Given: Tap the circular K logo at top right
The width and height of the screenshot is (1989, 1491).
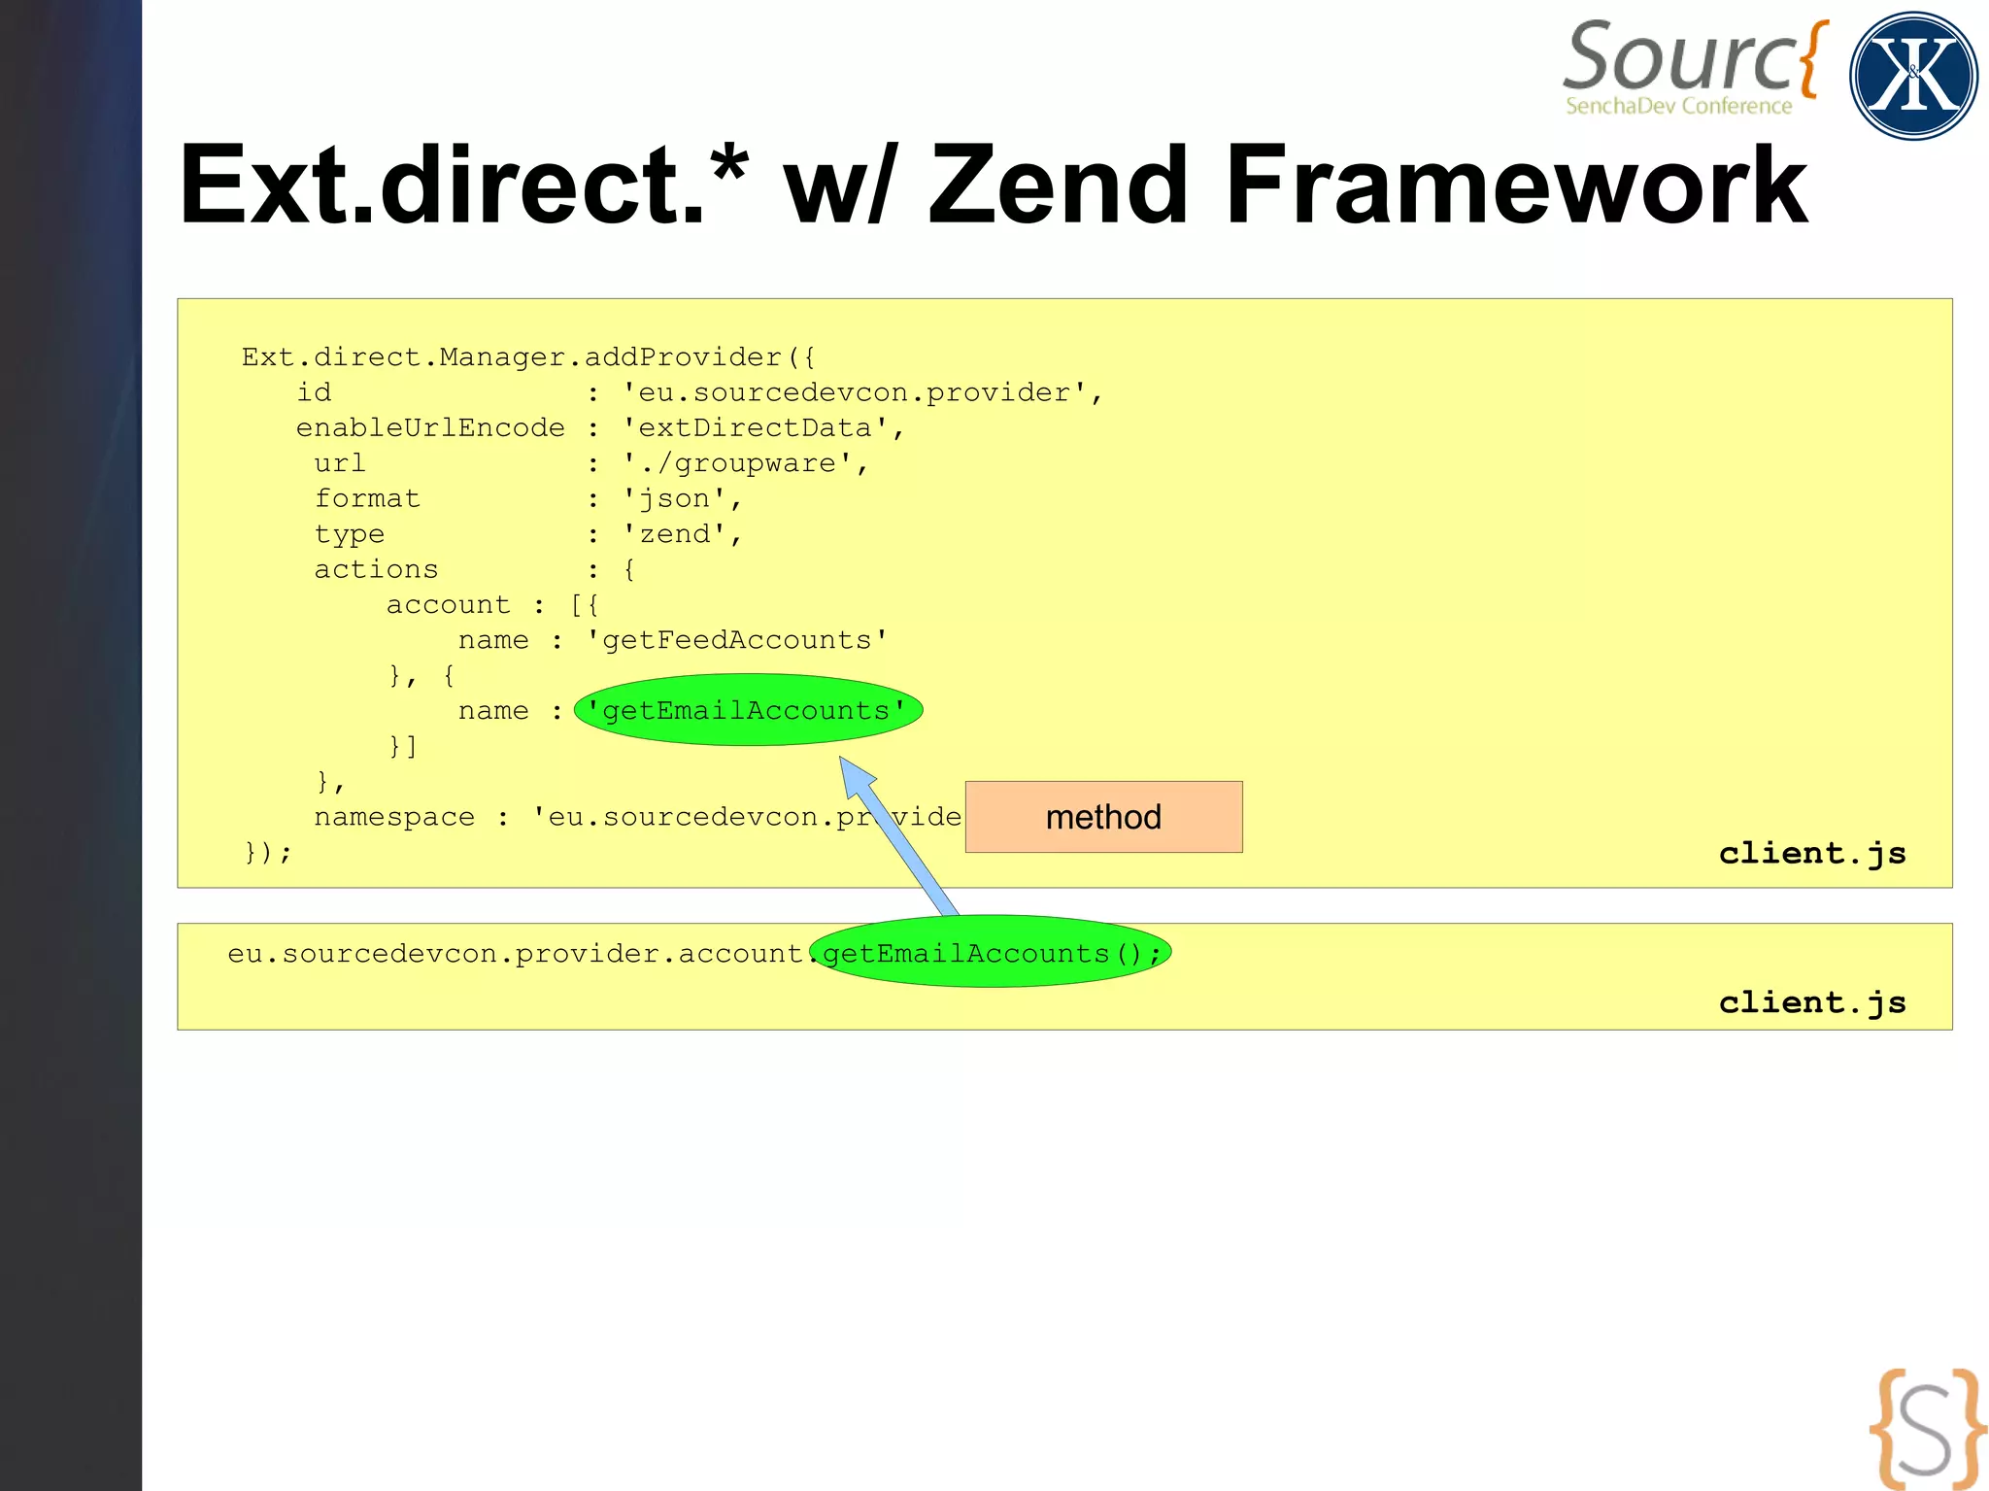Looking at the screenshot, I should [1912, 76].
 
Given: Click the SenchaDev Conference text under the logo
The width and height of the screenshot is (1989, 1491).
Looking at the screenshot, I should [1678, 106].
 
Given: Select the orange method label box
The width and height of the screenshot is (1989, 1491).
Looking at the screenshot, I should [1103, 817].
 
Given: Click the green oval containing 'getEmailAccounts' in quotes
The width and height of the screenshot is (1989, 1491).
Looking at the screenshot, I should [748, 710].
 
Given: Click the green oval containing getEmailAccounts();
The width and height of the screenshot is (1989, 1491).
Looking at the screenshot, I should [991, 952].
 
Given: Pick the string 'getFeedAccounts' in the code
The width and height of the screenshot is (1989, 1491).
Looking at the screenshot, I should [737, 640].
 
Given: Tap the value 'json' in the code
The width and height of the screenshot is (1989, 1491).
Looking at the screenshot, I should [676, 498].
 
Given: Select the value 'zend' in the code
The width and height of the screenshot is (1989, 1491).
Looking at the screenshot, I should [676, 534].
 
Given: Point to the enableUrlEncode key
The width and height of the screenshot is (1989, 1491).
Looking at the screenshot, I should [430, 427].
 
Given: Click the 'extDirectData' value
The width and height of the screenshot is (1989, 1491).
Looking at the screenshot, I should [756, 427].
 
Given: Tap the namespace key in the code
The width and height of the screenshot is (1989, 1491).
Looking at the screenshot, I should [394, 817].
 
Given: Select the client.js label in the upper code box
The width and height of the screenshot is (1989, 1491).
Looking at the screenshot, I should [1812, 853].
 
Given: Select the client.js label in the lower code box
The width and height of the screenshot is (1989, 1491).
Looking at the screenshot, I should [1812, 1001].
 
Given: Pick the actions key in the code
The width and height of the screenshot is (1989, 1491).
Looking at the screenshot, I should [376, 569].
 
